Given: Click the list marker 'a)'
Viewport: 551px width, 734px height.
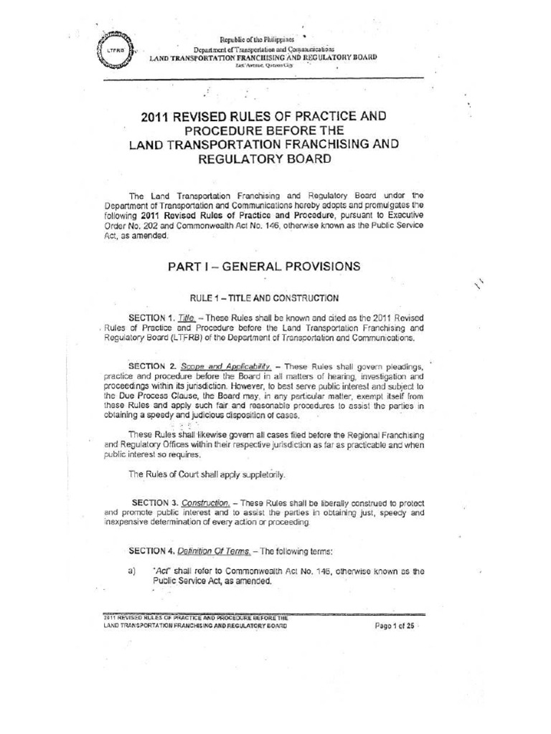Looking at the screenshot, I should pos(132,571).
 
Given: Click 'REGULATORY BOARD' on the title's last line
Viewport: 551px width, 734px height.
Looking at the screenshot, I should pos(263,160).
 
